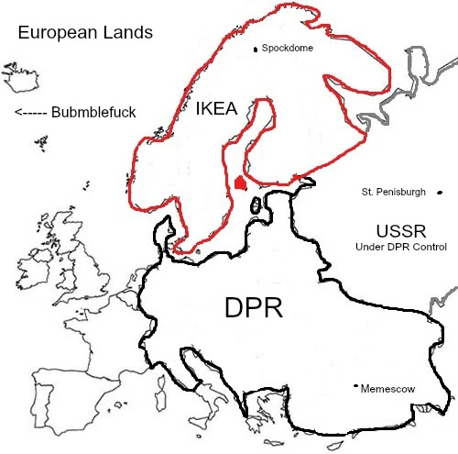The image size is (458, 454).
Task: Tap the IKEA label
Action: pos(216,109)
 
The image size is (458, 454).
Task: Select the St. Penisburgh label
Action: pos(394,193)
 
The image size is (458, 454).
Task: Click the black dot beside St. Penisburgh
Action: pos(440,193)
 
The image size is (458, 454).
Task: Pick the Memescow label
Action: pos(388,389)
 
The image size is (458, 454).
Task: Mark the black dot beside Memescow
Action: pos(355,387)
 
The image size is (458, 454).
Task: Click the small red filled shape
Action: pos(241,183)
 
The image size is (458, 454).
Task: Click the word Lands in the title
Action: pos(129,34)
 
